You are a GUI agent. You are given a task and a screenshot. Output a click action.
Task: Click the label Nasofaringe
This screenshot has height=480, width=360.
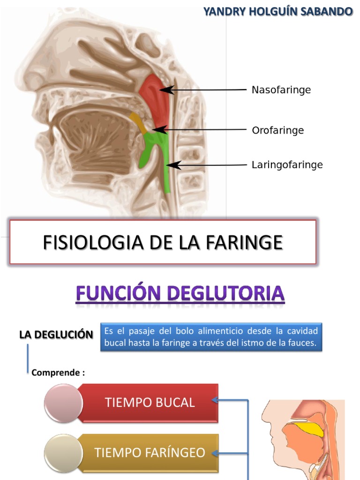point(281,90)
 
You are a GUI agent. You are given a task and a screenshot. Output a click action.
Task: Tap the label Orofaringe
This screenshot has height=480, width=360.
point(277,130)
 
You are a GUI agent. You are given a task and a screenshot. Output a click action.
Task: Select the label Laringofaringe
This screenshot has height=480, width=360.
point(287,165)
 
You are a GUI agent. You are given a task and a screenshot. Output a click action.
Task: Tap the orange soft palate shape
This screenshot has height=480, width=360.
point(137,121)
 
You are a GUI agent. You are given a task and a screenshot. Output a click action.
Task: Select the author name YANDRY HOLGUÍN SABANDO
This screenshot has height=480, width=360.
point(277,12)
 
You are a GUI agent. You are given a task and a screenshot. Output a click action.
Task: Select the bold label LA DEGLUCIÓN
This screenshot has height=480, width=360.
point(56,335)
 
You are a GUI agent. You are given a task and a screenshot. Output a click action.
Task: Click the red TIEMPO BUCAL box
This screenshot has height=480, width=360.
point(150,402)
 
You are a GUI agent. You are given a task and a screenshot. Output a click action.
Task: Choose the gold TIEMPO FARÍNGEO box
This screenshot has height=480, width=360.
point(150,452)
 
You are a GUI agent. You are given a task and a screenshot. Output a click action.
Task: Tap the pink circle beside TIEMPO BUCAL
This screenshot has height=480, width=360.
point(63,402)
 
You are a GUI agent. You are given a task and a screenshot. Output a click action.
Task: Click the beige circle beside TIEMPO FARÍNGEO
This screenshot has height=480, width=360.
point(63,452)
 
